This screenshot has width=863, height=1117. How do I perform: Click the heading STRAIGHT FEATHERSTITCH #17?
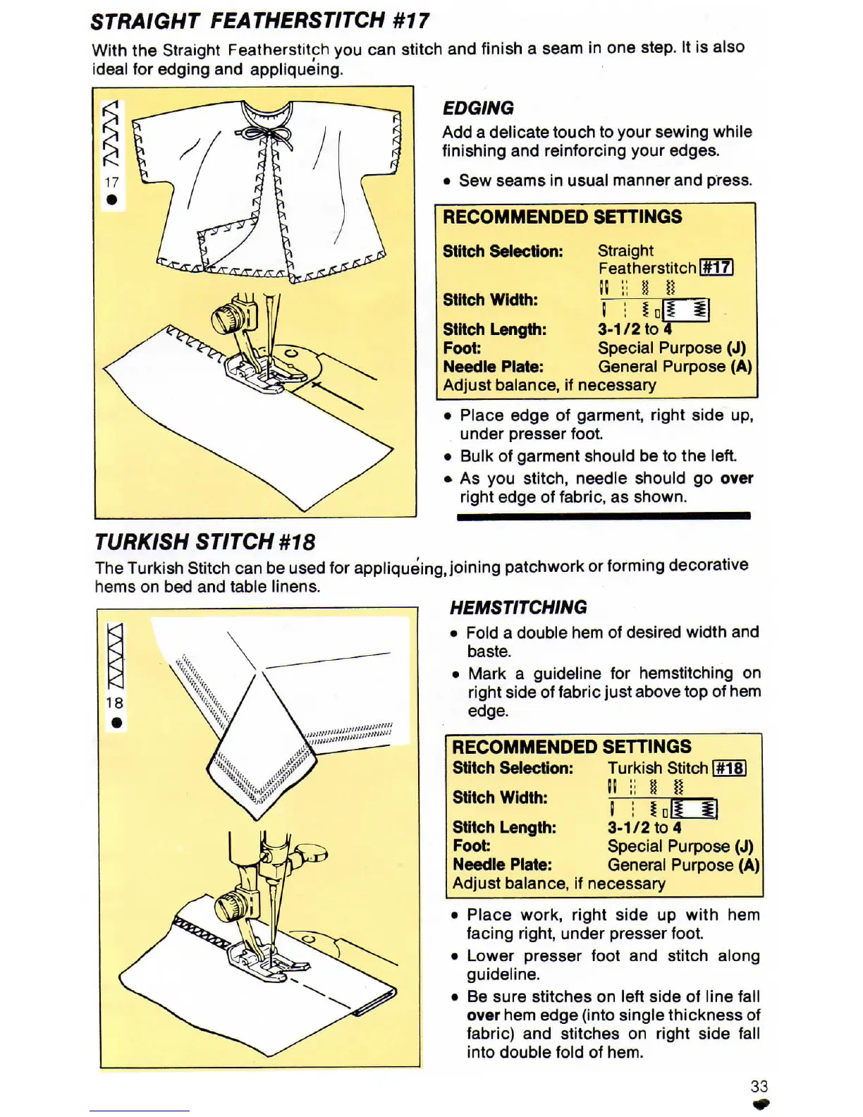[259, 21]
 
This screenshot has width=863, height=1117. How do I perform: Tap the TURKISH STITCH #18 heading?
[204, 542]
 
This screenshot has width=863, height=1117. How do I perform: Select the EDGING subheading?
[478, 108]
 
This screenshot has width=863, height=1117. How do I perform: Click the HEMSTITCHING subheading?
[518, 607]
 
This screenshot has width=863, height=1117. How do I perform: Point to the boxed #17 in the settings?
[716, 268]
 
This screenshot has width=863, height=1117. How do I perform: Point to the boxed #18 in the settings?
[729, 768]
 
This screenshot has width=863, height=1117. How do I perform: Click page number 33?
[759, 1086]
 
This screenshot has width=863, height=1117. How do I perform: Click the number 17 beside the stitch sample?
[111, 182]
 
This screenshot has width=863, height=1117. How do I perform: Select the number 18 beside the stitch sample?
[114, 703]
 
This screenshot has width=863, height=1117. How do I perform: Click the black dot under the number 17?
[111, 200]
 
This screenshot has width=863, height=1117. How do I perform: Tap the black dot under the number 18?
[116, 722]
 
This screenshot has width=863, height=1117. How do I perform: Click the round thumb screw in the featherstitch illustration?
[226, 319]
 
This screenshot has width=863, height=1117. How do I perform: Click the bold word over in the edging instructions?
[737, 478]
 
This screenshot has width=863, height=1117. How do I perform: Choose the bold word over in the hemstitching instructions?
[483, 1015]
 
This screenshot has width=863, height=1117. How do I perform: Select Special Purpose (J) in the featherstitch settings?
[671, 348]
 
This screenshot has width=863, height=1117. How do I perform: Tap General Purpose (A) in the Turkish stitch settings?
[683, 865]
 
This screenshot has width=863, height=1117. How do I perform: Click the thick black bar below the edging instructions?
[604, 516]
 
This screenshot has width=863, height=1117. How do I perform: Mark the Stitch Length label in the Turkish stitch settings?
[504, 827]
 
